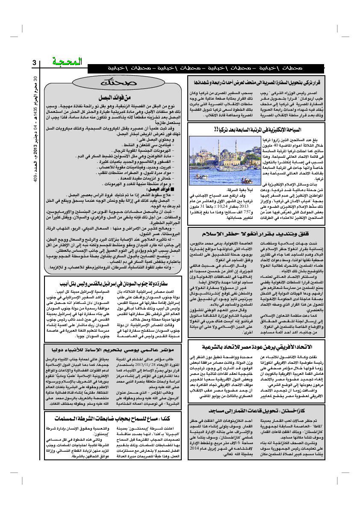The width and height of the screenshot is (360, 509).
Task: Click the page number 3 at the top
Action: coord(35,63)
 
